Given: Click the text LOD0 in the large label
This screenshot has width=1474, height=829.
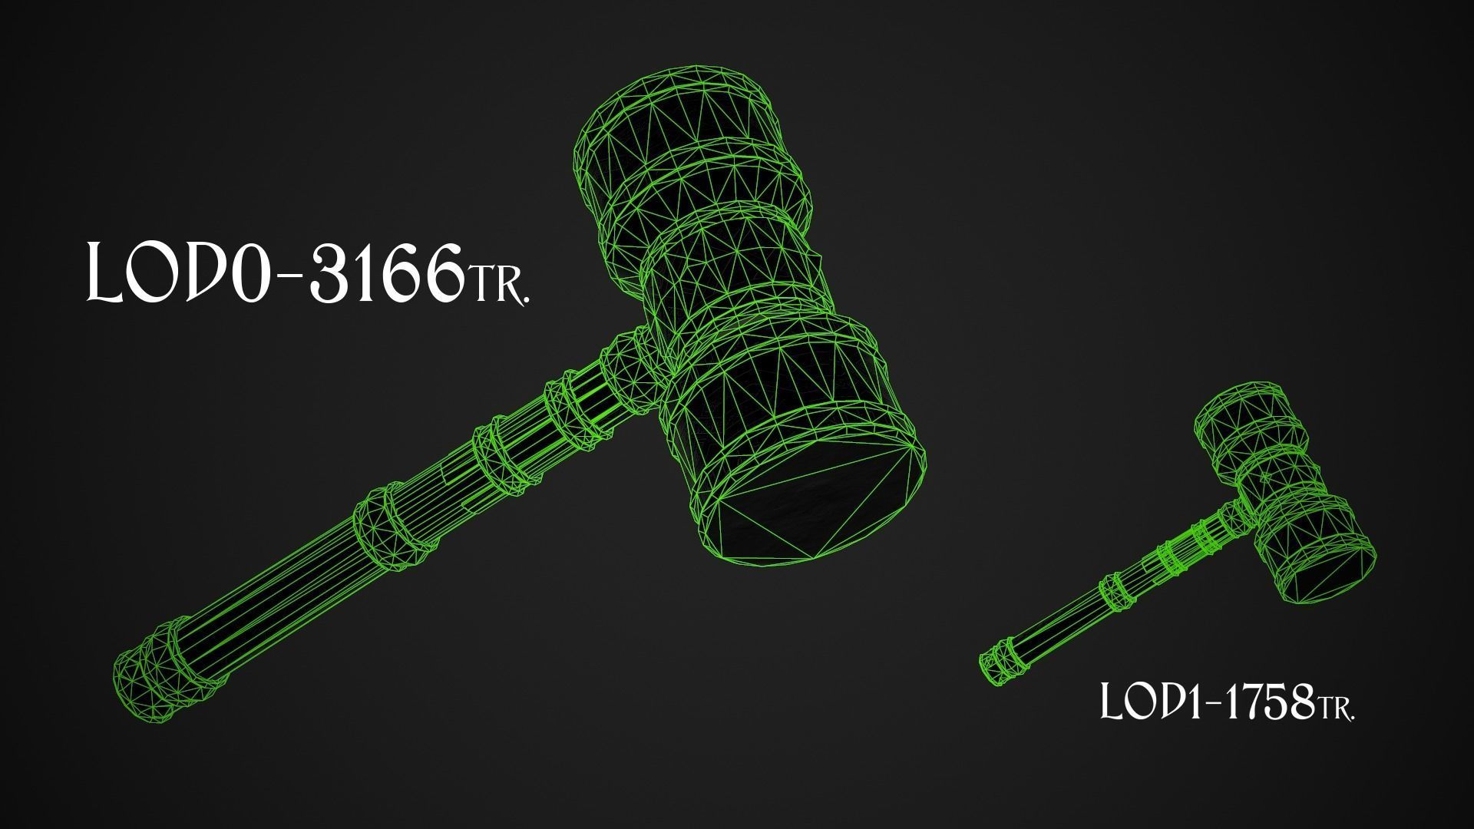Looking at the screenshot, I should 180,272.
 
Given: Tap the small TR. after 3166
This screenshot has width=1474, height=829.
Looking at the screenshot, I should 497,285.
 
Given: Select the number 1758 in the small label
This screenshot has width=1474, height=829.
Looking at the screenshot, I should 1267,702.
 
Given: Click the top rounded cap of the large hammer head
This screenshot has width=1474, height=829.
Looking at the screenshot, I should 676,107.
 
